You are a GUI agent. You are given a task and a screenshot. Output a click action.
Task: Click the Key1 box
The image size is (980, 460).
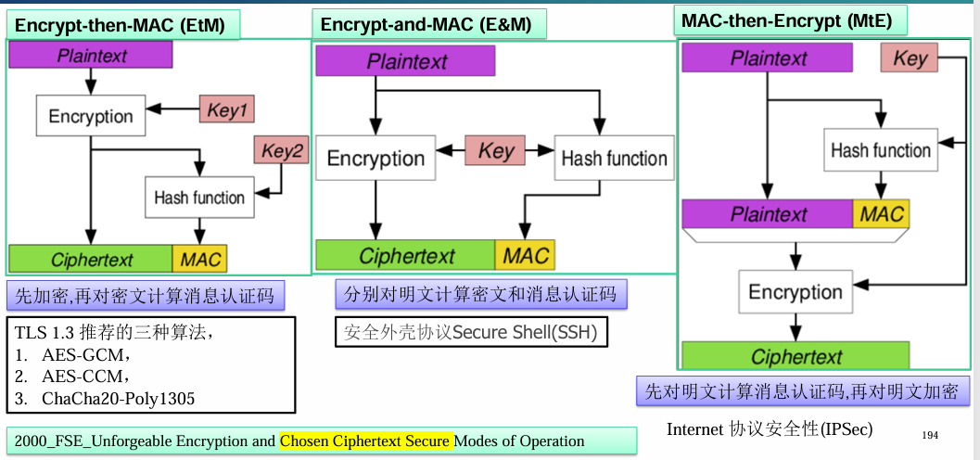tap(226, 109)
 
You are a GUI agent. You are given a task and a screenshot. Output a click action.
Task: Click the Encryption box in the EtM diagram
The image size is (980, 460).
tap(91, 116)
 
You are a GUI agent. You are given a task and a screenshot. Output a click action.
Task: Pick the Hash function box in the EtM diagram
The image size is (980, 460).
tap(198, 198)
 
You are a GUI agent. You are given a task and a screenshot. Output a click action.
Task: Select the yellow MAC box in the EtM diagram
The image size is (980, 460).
tap(199, 260)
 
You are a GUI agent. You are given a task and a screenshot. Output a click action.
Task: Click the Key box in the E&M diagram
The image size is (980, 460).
tap(495, 151)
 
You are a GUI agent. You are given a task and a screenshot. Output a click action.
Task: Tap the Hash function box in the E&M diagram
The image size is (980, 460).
tap(614, 159)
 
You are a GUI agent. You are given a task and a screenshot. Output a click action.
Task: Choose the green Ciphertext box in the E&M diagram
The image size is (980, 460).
tap(405, 255)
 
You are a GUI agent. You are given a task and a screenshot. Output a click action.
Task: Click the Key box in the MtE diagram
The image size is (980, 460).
tap(910, 58)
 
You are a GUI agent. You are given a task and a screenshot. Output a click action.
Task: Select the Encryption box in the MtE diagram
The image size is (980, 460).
tap(795, 292)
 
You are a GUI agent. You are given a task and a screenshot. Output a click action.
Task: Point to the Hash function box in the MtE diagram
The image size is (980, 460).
tap(880, 150)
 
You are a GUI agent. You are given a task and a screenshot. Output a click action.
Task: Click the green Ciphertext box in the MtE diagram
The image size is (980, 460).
tap(795, 356)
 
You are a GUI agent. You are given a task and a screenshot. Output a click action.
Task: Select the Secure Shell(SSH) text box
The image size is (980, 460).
tap(470, 331)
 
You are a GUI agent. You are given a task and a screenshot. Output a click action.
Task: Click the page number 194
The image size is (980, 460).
tap(931, 435)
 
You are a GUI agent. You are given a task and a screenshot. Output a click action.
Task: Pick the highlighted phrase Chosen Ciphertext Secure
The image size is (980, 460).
tap(366, 441)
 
